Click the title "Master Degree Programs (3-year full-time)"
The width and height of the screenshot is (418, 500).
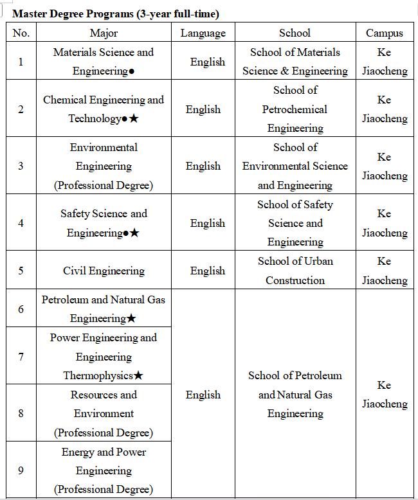point(116,13)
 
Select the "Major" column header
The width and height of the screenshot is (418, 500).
point(104,33)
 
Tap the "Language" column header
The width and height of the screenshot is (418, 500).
point(203,33)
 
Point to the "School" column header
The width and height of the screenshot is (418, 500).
point(295,33)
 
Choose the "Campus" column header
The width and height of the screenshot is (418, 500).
point(385,33)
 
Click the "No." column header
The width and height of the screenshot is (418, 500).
point(21,33)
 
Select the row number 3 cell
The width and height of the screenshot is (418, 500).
point(21,166)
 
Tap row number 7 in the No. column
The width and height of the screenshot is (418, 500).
point(21,356)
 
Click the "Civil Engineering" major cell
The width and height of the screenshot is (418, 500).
point(104,271)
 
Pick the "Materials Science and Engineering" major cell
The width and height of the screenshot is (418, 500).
point(104,61)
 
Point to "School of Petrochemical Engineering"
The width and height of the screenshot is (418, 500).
point(295,109)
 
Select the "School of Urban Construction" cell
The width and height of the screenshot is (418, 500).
point(295,271)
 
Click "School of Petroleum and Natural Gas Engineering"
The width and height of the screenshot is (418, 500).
point(295,394)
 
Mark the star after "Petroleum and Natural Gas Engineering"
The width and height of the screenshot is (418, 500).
point(131,318)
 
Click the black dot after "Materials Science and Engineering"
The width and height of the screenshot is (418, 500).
point(131,71)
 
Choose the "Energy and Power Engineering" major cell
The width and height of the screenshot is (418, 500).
point(104,470)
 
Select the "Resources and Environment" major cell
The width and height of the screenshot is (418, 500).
point(104,413)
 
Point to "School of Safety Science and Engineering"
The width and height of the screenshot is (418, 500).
point(295,223)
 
